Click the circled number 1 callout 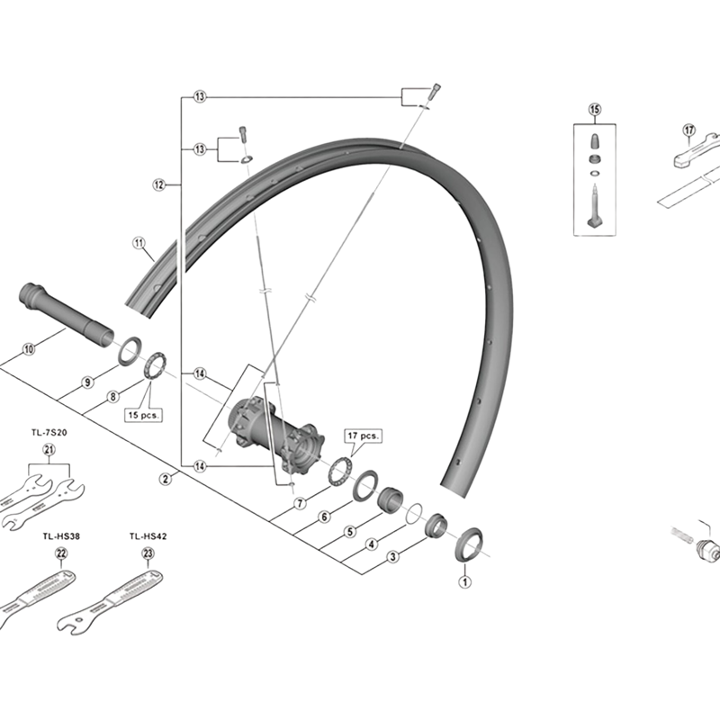click(x=465, y=581)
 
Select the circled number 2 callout click(x=166, y=479)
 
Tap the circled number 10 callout click(x=29, y=348)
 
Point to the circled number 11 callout click(x=139, y=243)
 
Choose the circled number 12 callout click(x=158, y=184)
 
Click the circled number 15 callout click(x=594, y=110)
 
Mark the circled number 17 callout click(x=688, y=130)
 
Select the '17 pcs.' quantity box click(x=364, y=435)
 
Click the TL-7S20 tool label click(x=49, y=432)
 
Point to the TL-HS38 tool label click(x=61, y=535)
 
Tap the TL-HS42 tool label click(x=148, y=535)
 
